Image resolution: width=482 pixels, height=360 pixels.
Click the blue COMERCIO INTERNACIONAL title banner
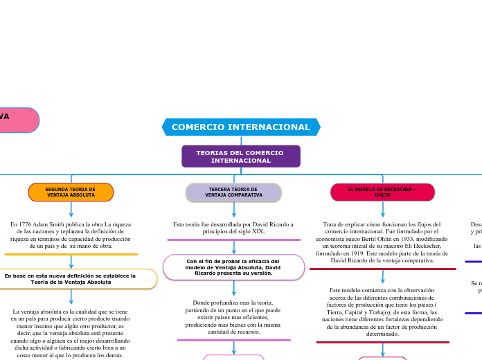241,127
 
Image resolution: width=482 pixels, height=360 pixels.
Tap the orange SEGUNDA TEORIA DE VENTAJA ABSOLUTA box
71,192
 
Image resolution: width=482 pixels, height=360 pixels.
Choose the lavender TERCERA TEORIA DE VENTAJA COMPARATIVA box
233,192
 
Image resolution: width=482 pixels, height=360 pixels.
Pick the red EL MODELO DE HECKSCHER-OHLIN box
382,192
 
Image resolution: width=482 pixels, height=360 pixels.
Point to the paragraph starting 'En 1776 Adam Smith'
71,235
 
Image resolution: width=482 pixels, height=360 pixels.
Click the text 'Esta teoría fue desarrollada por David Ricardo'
233,228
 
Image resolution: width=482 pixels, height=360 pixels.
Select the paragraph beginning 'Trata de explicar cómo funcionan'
382,242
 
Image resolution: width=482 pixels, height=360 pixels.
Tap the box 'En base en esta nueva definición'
71,279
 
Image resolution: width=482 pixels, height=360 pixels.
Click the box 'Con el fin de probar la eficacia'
233,267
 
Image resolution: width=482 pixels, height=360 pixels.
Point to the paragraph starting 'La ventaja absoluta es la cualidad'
71,334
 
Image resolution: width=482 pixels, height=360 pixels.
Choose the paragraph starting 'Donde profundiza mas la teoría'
233,317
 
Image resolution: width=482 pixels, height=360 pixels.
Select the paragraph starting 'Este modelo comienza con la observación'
382,312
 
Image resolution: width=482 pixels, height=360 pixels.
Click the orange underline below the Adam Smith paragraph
71,254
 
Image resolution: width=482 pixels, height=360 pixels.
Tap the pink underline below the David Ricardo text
233,240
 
